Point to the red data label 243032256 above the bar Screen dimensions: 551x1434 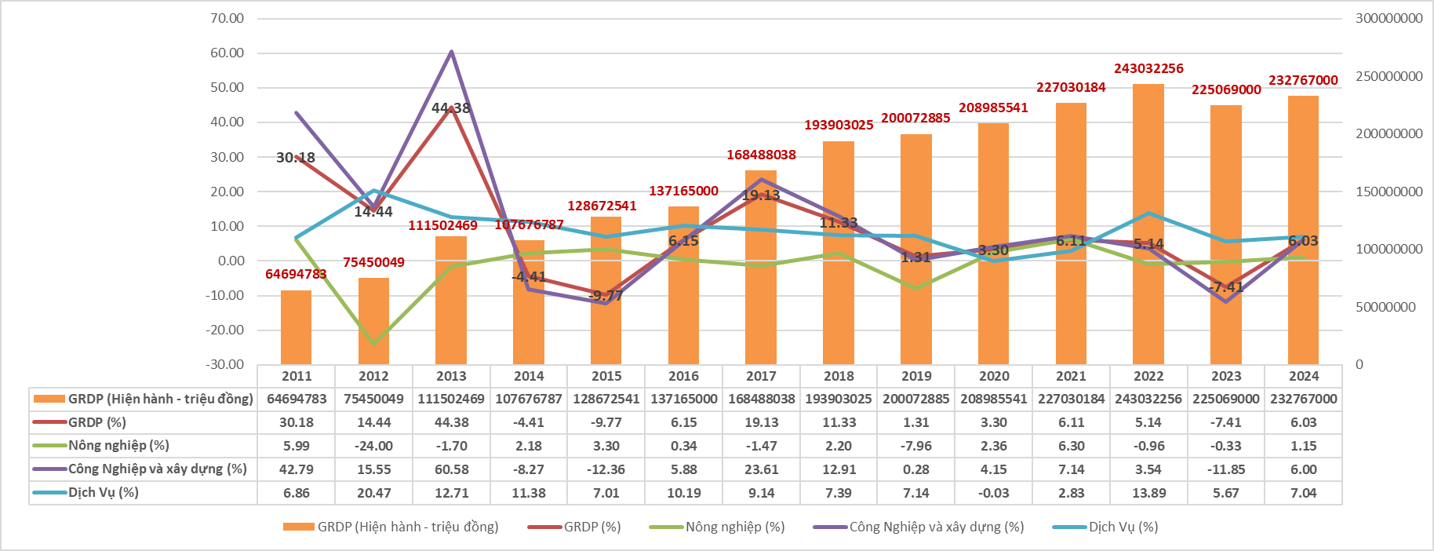[1148, 69]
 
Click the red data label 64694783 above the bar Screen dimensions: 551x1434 [296, 274]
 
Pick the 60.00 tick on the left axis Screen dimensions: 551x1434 [227, 53]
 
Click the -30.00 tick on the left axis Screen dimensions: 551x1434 [225, 365]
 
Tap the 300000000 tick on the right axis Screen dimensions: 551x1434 [1389, 19]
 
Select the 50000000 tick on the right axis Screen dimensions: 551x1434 [1385, 307]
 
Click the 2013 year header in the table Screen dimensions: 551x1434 [451, 377]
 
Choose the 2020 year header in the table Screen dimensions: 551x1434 [994, 377]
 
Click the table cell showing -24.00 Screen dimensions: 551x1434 [373, 446]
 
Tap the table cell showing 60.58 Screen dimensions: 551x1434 [451, 469]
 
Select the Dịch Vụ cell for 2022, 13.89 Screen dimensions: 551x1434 [1148, 493]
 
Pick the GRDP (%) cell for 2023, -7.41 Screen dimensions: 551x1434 [1226, 422]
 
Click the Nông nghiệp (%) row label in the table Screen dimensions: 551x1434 [118, 446]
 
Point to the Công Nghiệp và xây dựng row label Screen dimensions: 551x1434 [157, 469]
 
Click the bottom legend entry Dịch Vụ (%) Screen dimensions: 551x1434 [1123, 527]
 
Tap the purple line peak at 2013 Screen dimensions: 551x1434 [451, 52]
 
